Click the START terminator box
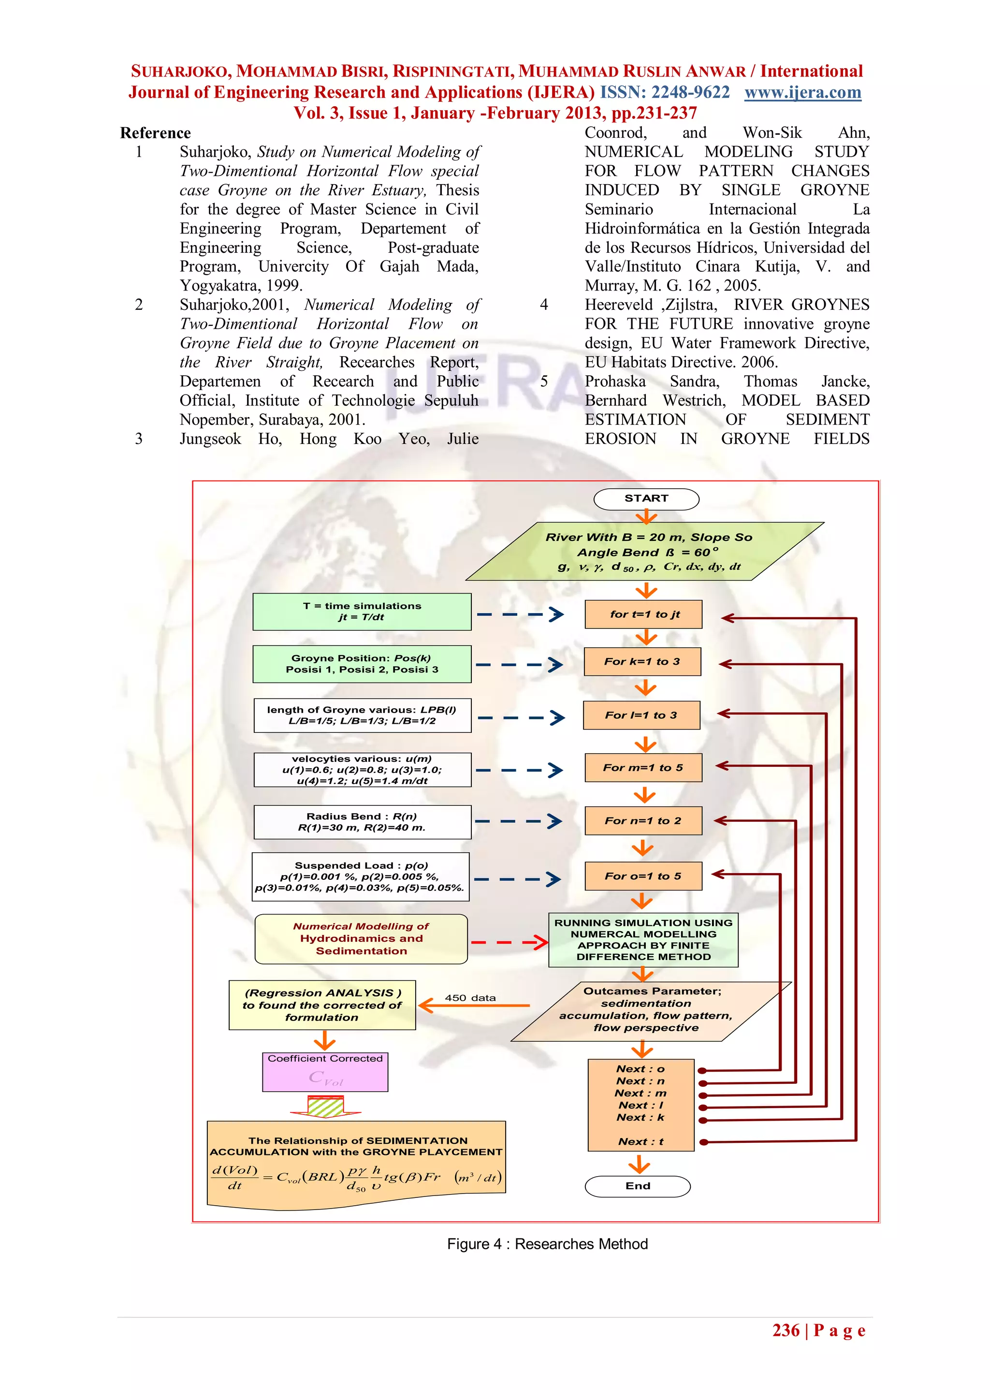coord(646,499)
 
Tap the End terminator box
coord(638,1186)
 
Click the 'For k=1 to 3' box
coord(642,662)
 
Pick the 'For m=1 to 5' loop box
coord(643,768)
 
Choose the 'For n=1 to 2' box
coord(643,821)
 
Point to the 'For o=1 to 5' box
coord(643,876)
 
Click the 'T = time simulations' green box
coord(362,612)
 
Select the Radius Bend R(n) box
coord(362,822)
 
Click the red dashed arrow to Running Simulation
coord(509,943)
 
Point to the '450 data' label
coord(470,998)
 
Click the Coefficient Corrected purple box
coord(325,1072)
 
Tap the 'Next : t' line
coord(641,1141)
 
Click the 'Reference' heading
coord(156,133)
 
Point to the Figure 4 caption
coord(547,1243)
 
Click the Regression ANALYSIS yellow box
coord(322,1005)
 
